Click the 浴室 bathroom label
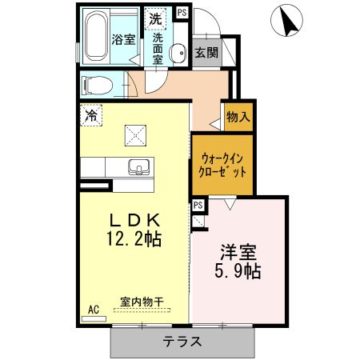click(x=122, y=39)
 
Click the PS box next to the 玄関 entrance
click(x=182, y=12)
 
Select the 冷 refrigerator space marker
click(x=91, y=115)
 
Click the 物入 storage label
click(x=238, y=117)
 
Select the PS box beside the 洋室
click(x=198, y=206)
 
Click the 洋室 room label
click(x=238, y=251)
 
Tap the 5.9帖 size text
click(x=238, y=270)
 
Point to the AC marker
click(x=92, y=308)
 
